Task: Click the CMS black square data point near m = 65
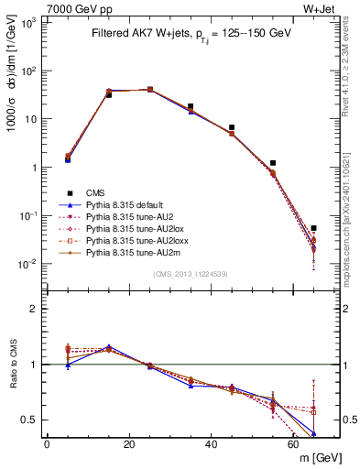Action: click(x=313, y=228)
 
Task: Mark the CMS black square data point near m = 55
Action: click(x=273, y=163)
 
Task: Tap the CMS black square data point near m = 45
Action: click(x=232, y=127)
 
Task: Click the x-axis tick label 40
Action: click(x=211, y=444)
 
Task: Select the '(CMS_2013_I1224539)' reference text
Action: click(x=191, y=273)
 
